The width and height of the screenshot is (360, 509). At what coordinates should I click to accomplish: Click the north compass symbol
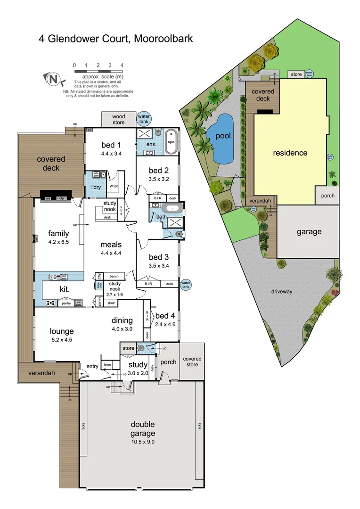53,79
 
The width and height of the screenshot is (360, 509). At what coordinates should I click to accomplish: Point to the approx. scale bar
98,71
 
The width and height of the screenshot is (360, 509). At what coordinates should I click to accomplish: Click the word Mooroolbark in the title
162,38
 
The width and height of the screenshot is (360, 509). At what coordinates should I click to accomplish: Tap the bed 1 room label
111,145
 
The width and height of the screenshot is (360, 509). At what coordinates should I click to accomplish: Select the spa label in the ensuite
171,141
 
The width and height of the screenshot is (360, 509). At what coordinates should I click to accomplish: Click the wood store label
119,119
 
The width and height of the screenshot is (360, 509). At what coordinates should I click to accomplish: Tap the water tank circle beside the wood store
143,119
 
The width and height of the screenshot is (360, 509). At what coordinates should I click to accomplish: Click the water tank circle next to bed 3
187,284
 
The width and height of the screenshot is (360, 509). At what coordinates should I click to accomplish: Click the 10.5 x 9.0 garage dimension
143,442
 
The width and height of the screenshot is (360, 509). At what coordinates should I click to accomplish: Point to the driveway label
282,292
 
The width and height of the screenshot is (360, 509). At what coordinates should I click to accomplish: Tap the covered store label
192,361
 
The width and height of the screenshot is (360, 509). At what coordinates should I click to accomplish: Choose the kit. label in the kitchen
65,289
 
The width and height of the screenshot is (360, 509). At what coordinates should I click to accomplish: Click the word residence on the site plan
290,153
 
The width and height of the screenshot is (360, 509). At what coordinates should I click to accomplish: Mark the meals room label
111,245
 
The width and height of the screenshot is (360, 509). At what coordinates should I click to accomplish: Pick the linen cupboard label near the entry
107,365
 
